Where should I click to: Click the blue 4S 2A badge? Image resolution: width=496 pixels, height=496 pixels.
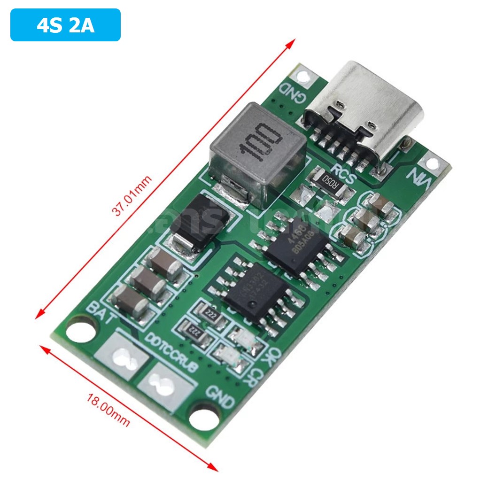(65, 25)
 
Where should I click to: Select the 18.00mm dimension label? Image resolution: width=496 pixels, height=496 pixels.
(108, 411)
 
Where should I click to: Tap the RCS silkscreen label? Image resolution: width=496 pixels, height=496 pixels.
(344, 172)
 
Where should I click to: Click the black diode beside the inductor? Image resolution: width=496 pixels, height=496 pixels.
(199, 224)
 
